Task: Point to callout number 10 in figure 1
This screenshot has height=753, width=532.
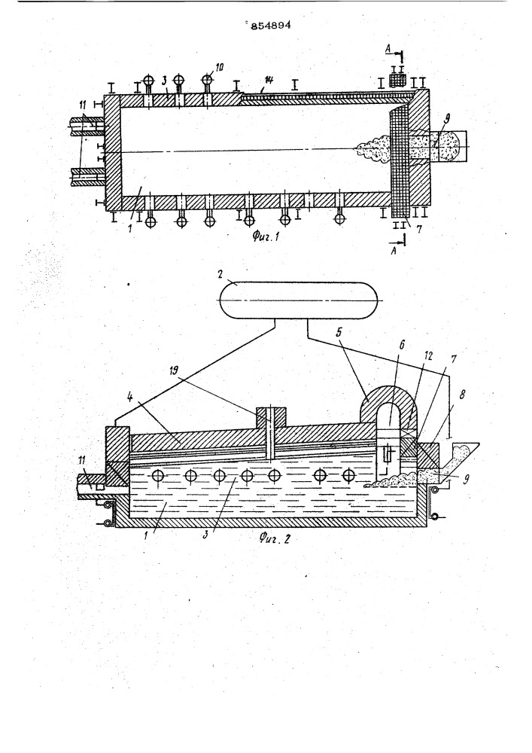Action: click(219, 67)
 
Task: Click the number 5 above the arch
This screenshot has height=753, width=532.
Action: click(352, 333)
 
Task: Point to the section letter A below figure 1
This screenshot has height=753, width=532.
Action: click(394, 251)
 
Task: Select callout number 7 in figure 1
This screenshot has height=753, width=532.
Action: click(419, 228)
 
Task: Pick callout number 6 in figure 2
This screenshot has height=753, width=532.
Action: click(402, 344)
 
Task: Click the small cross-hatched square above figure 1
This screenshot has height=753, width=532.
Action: click(397, 81)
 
